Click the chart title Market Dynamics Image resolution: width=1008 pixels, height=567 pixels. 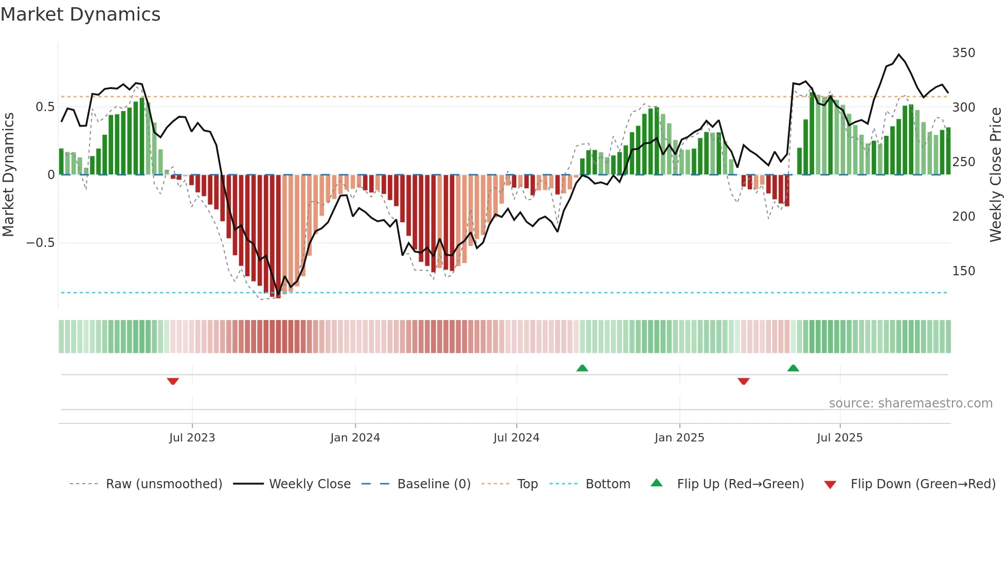point(80,14)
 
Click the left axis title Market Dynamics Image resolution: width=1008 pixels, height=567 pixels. point(9,175)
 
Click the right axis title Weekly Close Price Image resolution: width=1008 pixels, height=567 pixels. point(996,175)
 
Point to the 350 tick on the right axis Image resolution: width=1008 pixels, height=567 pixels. point(963,53)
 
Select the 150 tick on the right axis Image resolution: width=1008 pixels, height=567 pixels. point(963,271)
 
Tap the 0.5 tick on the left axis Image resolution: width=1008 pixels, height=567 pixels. point(45,107)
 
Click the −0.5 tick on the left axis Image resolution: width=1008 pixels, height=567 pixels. point(41,243)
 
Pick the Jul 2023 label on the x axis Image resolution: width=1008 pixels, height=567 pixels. point(192,438)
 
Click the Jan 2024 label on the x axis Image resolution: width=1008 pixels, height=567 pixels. point(355,438)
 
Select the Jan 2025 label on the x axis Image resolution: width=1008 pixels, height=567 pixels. point(679,438)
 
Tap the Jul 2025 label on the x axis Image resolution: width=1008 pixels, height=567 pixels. point(839,438)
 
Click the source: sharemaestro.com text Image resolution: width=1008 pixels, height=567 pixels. point(910,403)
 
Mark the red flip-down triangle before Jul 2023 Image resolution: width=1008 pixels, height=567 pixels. point(173,381)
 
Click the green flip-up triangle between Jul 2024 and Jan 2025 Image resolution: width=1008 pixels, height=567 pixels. point(582,368)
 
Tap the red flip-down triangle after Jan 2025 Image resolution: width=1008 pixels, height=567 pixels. point(744,381)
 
